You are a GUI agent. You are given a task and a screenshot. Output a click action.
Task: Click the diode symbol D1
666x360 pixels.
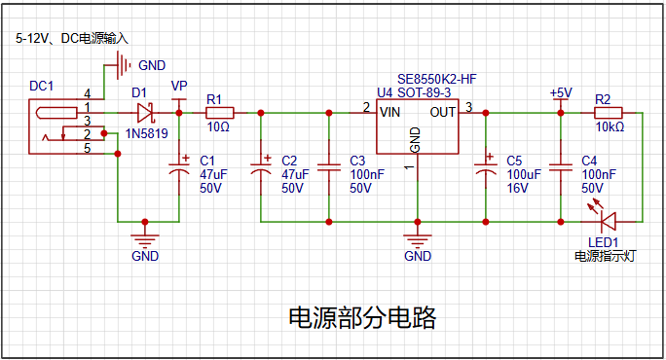[146, 113]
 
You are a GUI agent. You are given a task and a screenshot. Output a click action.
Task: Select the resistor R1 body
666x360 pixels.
[220, 113]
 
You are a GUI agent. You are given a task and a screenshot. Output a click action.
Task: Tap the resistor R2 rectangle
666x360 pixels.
[609, 113]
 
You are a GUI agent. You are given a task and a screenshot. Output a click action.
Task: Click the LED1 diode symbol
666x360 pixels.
[608, 221]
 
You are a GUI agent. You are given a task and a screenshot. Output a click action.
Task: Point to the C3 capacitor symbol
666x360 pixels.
[329, 167]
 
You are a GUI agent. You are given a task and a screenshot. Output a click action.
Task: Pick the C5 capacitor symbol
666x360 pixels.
[486, 166]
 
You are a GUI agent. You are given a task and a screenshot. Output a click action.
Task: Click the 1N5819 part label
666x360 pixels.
[146, 133]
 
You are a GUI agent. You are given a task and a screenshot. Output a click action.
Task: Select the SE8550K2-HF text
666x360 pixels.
[437, 79]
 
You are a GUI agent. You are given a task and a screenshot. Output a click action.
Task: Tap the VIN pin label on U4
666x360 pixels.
[389, 113]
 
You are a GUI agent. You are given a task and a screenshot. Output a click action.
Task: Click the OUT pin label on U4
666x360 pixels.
[443, 113]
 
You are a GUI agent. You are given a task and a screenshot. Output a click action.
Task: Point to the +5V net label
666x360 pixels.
[561, 93]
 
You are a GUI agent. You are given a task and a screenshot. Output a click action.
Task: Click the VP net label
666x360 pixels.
[179, 86]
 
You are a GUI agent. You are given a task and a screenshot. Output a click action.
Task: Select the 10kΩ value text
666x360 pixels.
[610, 126]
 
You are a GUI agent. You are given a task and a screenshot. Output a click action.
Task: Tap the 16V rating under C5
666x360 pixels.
[517, 188]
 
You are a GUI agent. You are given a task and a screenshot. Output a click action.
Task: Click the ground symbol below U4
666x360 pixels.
[418, 240]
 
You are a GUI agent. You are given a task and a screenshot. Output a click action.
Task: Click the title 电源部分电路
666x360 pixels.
[362, 317]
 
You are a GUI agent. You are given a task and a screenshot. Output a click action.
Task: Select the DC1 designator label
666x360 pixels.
[41, 87]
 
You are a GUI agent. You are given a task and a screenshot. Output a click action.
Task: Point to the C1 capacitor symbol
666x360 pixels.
[179, 166]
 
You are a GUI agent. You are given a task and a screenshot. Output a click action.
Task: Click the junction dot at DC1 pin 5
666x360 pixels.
[118, 154]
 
